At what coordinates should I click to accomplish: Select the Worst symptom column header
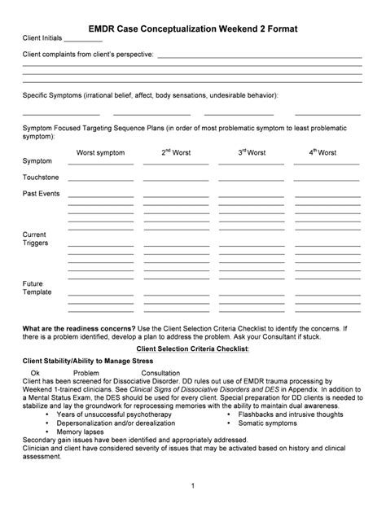(x=100, y=152)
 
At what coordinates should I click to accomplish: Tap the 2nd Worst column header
(x=176, y=152)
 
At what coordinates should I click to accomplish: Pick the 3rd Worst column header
(x=252, y=152)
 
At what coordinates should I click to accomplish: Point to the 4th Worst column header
(x=322, y=152)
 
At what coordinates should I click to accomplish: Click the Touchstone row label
(x=41, y=177)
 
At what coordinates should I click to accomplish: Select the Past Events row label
(x=42, y=193)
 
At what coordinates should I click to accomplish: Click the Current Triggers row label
(x=35, y=239)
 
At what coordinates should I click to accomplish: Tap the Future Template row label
(x=37, y=287)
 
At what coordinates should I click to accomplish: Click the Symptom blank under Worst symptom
(x=100, y=163)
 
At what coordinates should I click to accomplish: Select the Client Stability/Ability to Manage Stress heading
(x=87, y=360)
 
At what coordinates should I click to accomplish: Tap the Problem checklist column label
(x=86, y=372)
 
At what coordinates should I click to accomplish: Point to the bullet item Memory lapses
(x=80, y=432)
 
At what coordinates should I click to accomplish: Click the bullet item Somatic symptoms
(x=268, y=423)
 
